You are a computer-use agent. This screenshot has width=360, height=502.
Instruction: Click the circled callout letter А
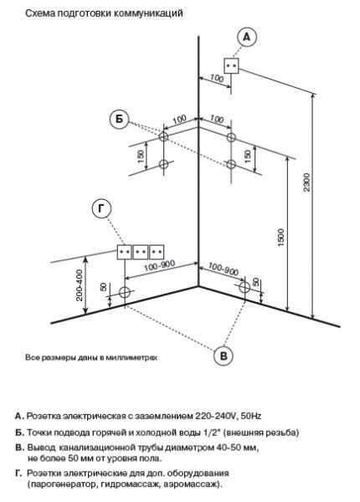[247, 38]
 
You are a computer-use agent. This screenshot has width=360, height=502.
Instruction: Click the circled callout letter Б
[119, 120]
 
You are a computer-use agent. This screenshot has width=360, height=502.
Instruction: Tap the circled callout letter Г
[101, 208]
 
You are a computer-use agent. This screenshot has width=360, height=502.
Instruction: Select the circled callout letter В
[224, 356]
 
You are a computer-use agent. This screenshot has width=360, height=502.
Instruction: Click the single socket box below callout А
[231, 65]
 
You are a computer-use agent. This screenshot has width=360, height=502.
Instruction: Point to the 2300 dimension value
[306, 182]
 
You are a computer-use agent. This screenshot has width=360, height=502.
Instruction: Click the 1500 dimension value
[281, 238]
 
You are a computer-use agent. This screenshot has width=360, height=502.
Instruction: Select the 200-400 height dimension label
[79, 285]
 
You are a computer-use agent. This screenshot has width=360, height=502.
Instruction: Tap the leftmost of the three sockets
[124, 252]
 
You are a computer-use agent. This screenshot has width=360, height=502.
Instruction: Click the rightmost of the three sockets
[157, 252]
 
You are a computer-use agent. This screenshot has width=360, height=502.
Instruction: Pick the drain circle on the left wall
[124, 292]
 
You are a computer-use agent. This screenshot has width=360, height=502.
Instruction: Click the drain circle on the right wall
[244, 287]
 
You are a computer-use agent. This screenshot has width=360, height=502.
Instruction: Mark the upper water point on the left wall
[163, 136]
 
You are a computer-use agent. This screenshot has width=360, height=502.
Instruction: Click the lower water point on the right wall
[231, 164]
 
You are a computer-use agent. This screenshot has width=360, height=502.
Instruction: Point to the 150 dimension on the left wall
[141, 156]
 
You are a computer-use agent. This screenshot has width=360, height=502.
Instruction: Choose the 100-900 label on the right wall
[224, 269]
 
